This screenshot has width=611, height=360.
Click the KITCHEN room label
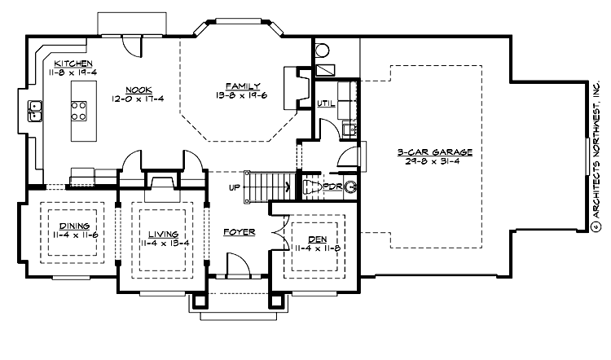click(73, 63)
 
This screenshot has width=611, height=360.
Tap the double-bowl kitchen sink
click(35, 111)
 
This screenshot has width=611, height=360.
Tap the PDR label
click(332, 187)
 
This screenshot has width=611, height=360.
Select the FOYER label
click(240, 232)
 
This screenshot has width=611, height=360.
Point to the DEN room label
click(315, 228)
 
